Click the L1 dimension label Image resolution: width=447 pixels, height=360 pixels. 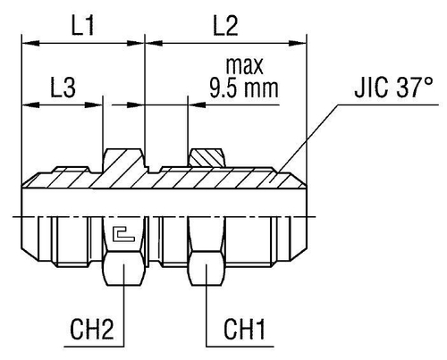tap(83, 28)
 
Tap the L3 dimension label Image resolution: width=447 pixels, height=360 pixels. tap(62, 89)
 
